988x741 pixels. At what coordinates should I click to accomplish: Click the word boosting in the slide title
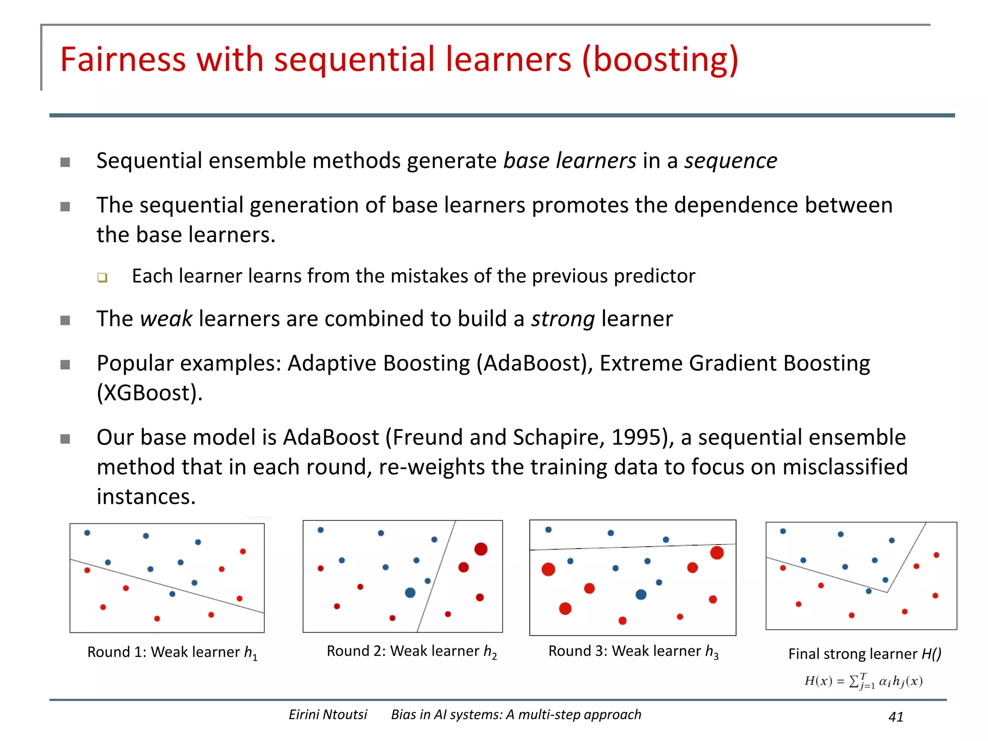click(x=660, y=60)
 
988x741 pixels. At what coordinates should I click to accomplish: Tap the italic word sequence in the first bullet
click(x=730, y=161)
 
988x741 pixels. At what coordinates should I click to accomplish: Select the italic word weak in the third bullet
click(x=166, y=319)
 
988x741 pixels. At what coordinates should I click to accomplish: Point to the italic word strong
click(x=563, y=319)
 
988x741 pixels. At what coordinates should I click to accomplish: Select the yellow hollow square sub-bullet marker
click(x=102, y=277)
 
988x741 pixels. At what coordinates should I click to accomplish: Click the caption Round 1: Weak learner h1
click(x=172, y=652)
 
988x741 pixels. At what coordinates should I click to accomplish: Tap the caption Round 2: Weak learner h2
click(x=412, y=651)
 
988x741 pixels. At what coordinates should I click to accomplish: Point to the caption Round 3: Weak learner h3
click(x=633, y=651)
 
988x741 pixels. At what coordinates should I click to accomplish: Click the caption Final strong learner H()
click(x=864, y=654)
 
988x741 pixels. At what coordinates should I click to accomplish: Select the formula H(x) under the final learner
click(x=863, y=681)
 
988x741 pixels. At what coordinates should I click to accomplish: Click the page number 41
click(x=895, y=717)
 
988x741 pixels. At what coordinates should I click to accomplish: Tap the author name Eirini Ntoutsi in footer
click(x=328, y=714)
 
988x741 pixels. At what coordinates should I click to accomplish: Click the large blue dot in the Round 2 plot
click(x=410, y=592)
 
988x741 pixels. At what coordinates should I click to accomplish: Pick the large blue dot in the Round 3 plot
click(x=641, y=594)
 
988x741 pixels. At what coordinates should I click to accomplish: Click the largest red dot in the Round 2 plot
click(x=480, y=549)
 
